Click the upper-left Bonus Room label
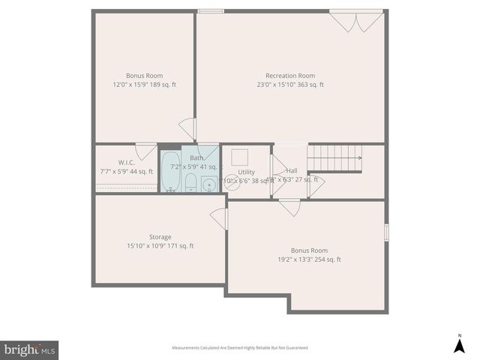pyautogui.click(x=145, y=76)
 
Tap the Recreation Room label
pyautogui.click(x=289, y=76)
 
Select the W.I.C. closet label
pyautogui.click(x=126, y=163)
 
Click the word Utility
pyautogui.click(x=247, y=172)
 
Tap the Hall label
pyautogui.click(x=292, y=171)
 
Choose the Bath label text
pyautogui.click(x=196, y=158)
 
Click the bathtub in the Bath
pyautogui.click(x=169, y=172)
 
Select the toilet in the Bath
pyautogui.click(x=190, y=182)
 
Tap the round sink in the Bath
pyautogui.click(x=209, y=183)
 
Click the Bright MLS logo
pyautogui.click(x=29, y=349)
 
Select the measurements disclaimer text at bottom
pyautogui.click(x=240, y=347)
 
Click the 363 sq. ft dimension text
pyautogui.click(x=289, y=85)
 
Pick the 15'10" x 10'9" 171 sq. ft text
pyautogui.click(x=160, y=246)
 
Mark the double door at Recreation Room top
pyautogui.click(x=356, y=21)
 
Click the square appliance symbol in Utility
pyautogui.click(x=241, y=157)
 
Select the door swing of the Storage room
pyautogui.click(x=219, y=218)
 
